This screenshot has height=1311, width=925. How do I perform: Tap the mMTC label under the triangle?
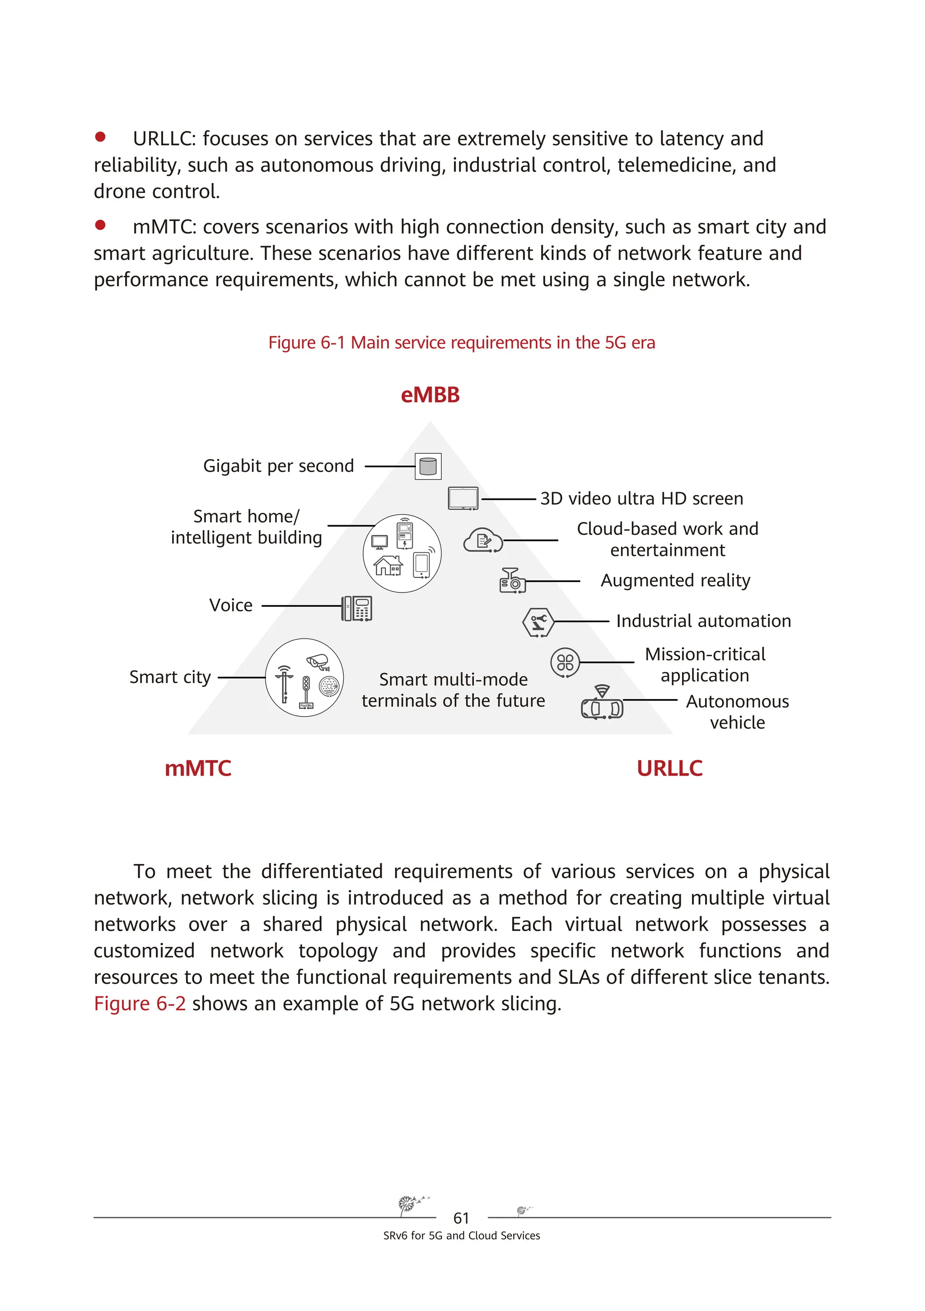197,769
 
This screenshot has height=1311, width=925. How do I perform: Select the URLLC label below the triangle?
669,769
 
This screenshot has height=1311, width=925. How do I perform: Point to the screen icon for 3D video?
463,498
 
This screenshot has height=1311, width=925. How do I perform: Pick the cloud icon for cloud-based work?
483,540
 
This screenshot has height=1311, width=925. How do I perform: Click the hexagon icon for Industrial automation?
538,622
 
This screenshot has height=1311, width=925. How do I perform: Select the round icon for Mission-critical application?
565,663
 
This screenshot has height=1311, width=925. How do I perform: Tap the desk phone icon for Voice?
357,608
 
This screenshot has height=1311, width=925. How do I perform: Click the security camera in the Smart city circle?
318,661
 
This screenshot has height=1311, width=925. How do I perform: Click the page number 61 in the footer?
461,1218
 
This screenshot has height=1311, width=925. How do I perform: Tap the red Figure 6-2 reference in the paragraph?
140,1003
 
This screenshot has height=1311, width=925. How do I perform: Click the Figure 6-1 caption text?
462,343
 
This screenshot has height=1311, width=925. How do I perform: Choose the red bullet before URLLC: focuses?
100,136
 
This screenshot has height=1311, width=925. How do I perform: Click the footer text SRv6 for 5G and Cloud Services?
461,1236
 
